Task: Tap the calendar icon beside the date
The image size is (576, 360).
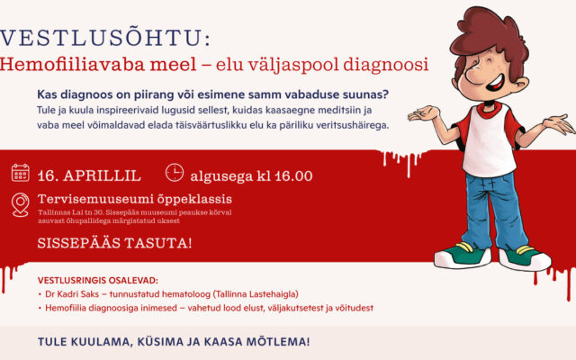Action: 20,174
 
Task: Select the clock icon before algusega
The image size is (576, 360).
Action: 175,174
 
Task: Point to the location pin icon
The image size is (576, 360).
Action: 20,204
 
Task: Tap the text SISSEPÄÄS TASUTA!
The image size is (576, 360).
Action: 114,243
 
